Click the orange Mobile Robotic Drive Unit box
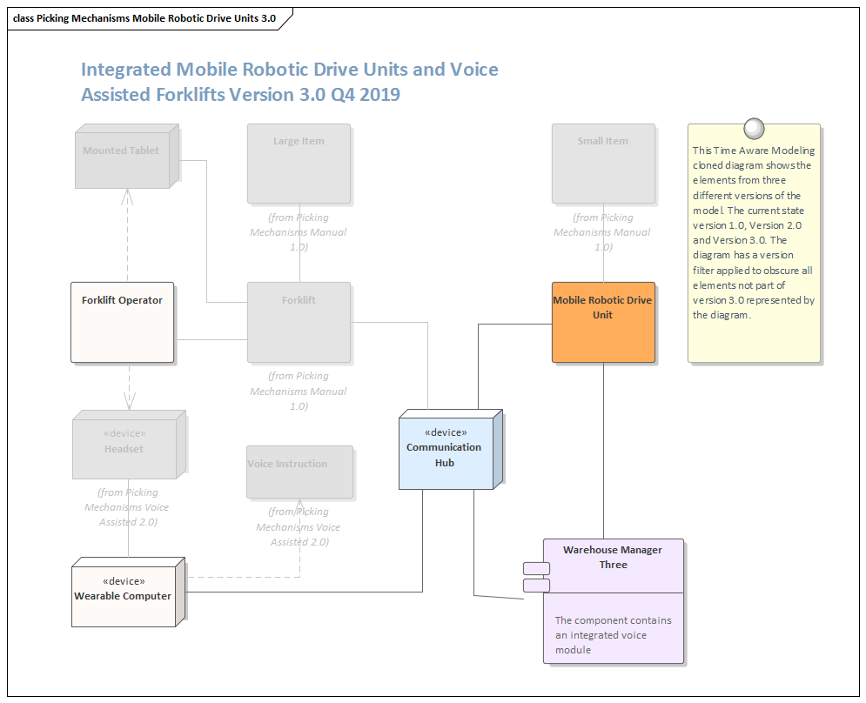pos(603,322)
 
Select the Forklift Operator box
pos(122,322)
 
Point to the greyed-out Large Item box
pos(299,164)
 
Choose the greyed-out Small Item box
pos(603,164)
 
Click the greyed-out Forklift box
pos(299,322)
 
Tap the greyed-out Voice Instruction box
pos(300,472)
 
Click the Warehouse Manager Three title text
pos(613,557)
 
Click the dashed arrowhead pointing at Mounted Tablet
pos(128,195)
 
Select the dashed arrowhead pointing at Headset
pos(129,402)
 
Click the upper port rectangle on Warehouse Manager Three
pos(536,569)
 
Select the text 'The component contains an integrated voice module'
pos(614,635)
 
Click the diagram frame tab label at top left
pos(144,18)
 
